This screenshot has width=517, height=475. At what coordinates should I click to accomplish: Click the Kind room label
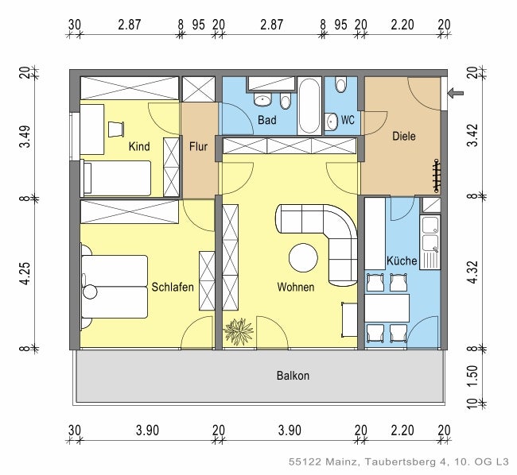pyautogui.click(x=139, y=147)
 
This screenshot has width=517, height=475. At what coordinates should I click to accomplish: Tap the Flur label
pyautogui.click(x=199, y=146)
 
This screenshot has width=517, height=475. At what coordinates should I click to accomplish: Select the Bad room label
pyautogui.click(x=267, y=121)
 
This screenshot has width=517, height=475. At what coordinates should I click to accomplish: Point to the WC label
pyautogui.click(x=348, y=121)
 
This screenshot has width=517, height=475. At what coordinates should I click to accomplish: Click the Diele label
pyautogui.click(x=404, y=137)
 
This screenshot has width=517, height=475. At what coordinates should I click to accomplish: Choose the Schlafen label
pyautogui.click(x=173, y=288)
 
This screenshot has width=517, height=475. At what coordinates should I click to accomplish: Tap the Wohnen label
pyautogui.click(x=295, y=288)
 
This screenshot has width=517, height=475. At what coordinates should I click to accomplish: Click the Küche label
pyautogui.click(x=402, y=261)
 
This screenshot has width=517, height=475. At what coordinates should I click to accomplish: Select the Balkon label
pyautogui.click(x=293, y=376)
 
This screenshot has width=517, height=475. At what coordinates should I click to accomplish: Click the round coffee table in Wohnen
pyautogui.click(x=304, y=257)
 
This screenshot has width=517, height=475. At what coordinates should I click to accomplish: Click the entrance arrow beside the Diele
pyautogui.click(x=456, y=94)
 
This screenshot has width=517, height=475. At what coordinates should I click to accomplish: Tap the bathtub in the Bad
pyautogui.click(x=309, y=105)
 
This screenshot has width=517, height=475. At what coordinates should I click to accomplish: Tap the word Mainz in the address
pyautogui.click(x=333, y=461)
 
